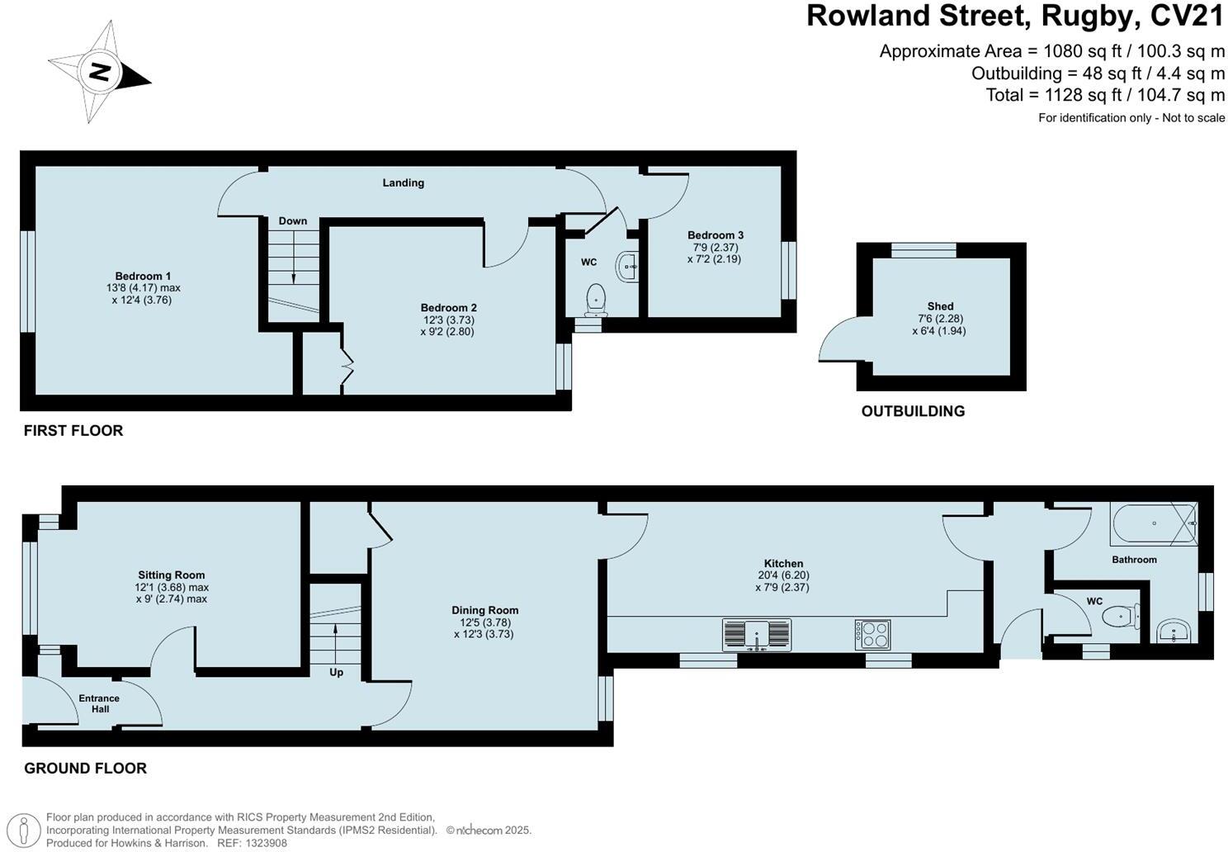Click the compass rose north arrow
(100, 72)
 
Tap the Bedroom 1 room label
(144, 276)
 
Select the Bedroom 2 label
(449, 308)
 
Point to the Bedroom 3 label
(716, 235)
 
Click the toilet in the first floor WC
(595, 299)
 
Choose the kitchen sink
(757, 635)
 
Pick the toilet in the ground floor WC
(1123, 615)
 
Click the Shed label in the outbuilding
(940, 306)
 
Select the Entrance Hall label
(99, 703)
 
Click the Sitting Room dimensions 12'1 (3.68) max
(172, 587)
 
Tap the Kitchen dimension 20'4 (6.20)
(782, 575)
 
